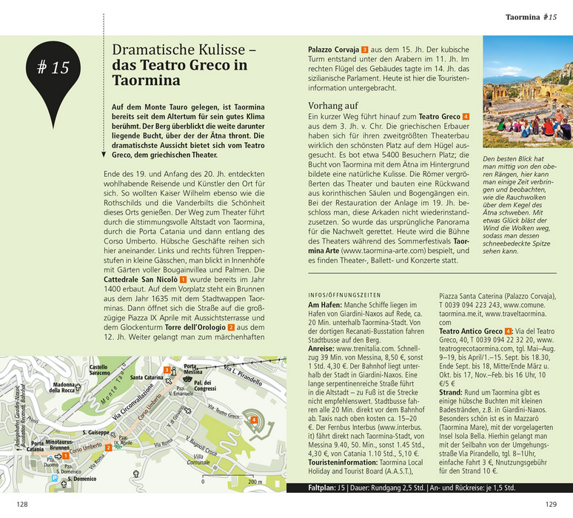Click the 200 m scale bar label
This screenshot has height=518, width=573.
(255, 482)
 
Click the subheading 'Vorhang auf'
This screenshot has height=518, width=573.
(333, 106)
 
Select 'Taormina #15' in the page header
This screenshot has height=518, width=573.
(532, 16)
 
